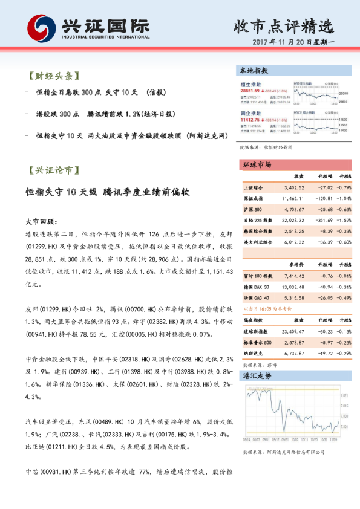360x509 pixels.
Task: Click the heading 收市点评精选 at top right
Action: pos(284,26)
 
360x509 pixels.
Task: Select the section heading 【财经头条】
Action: pos(52,77)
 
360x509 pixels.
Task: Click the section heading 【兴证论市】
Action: pos(52,171)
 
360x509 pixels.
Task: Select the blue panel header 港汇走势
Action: pos(254,375)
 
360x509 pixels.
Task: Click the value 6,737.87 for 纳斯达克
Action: pos(293,352)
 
